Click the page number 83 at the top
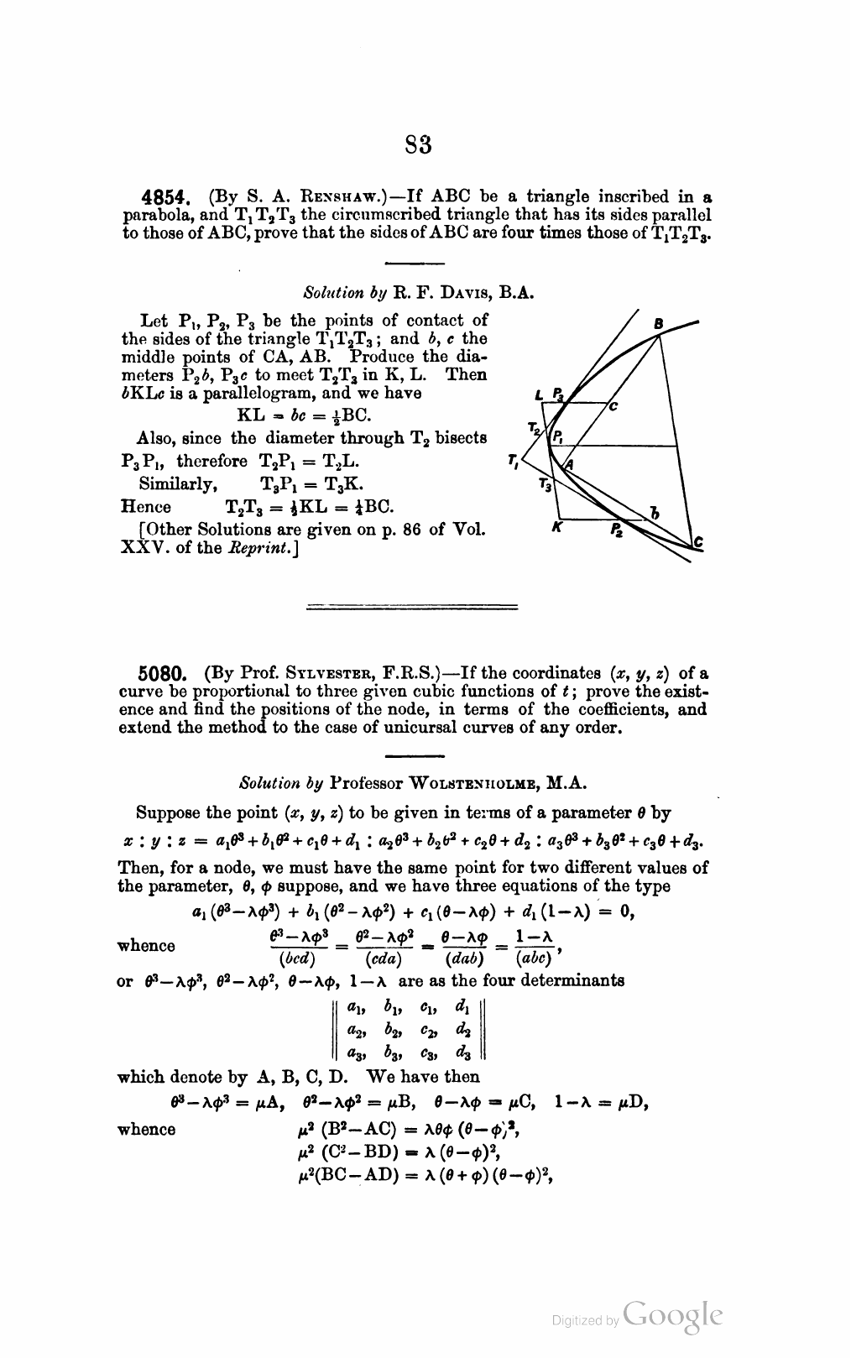coord(418,145)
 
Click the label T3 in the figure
coord(545,484)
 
